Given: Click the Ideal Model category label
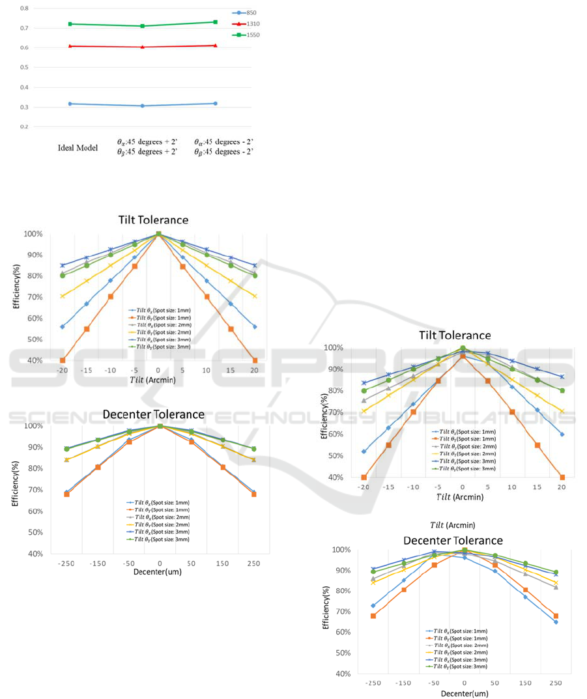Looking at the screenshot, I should tap(78, 149).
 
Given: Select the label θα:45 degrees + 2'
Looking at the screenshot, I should tap(144, 141).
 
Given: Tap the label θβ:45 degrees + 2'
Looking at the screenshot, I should tap(144, 152).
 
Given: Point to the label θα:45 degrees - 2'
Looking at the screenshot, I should tap(224, 141).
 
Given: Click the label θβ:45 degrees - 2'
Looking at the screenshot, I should tap(224, 152).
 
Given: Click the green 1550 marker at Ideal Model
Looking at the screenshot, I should tap(70, 24).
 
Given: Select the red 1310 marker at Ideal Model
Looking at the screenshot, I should tap(70, 46).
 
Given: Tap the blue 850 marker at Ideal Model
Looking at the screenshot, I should tap(70, 104).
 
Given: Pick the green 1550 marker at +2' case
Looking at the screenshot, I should tap(143, 26).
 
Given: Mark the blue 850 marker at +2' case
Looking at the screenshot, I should tap(143, 106).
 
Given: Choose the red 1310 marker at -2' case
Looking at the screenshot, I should tap(216, 46).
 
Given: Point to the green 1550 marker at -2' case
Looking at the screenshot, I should tap(216, 22).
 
